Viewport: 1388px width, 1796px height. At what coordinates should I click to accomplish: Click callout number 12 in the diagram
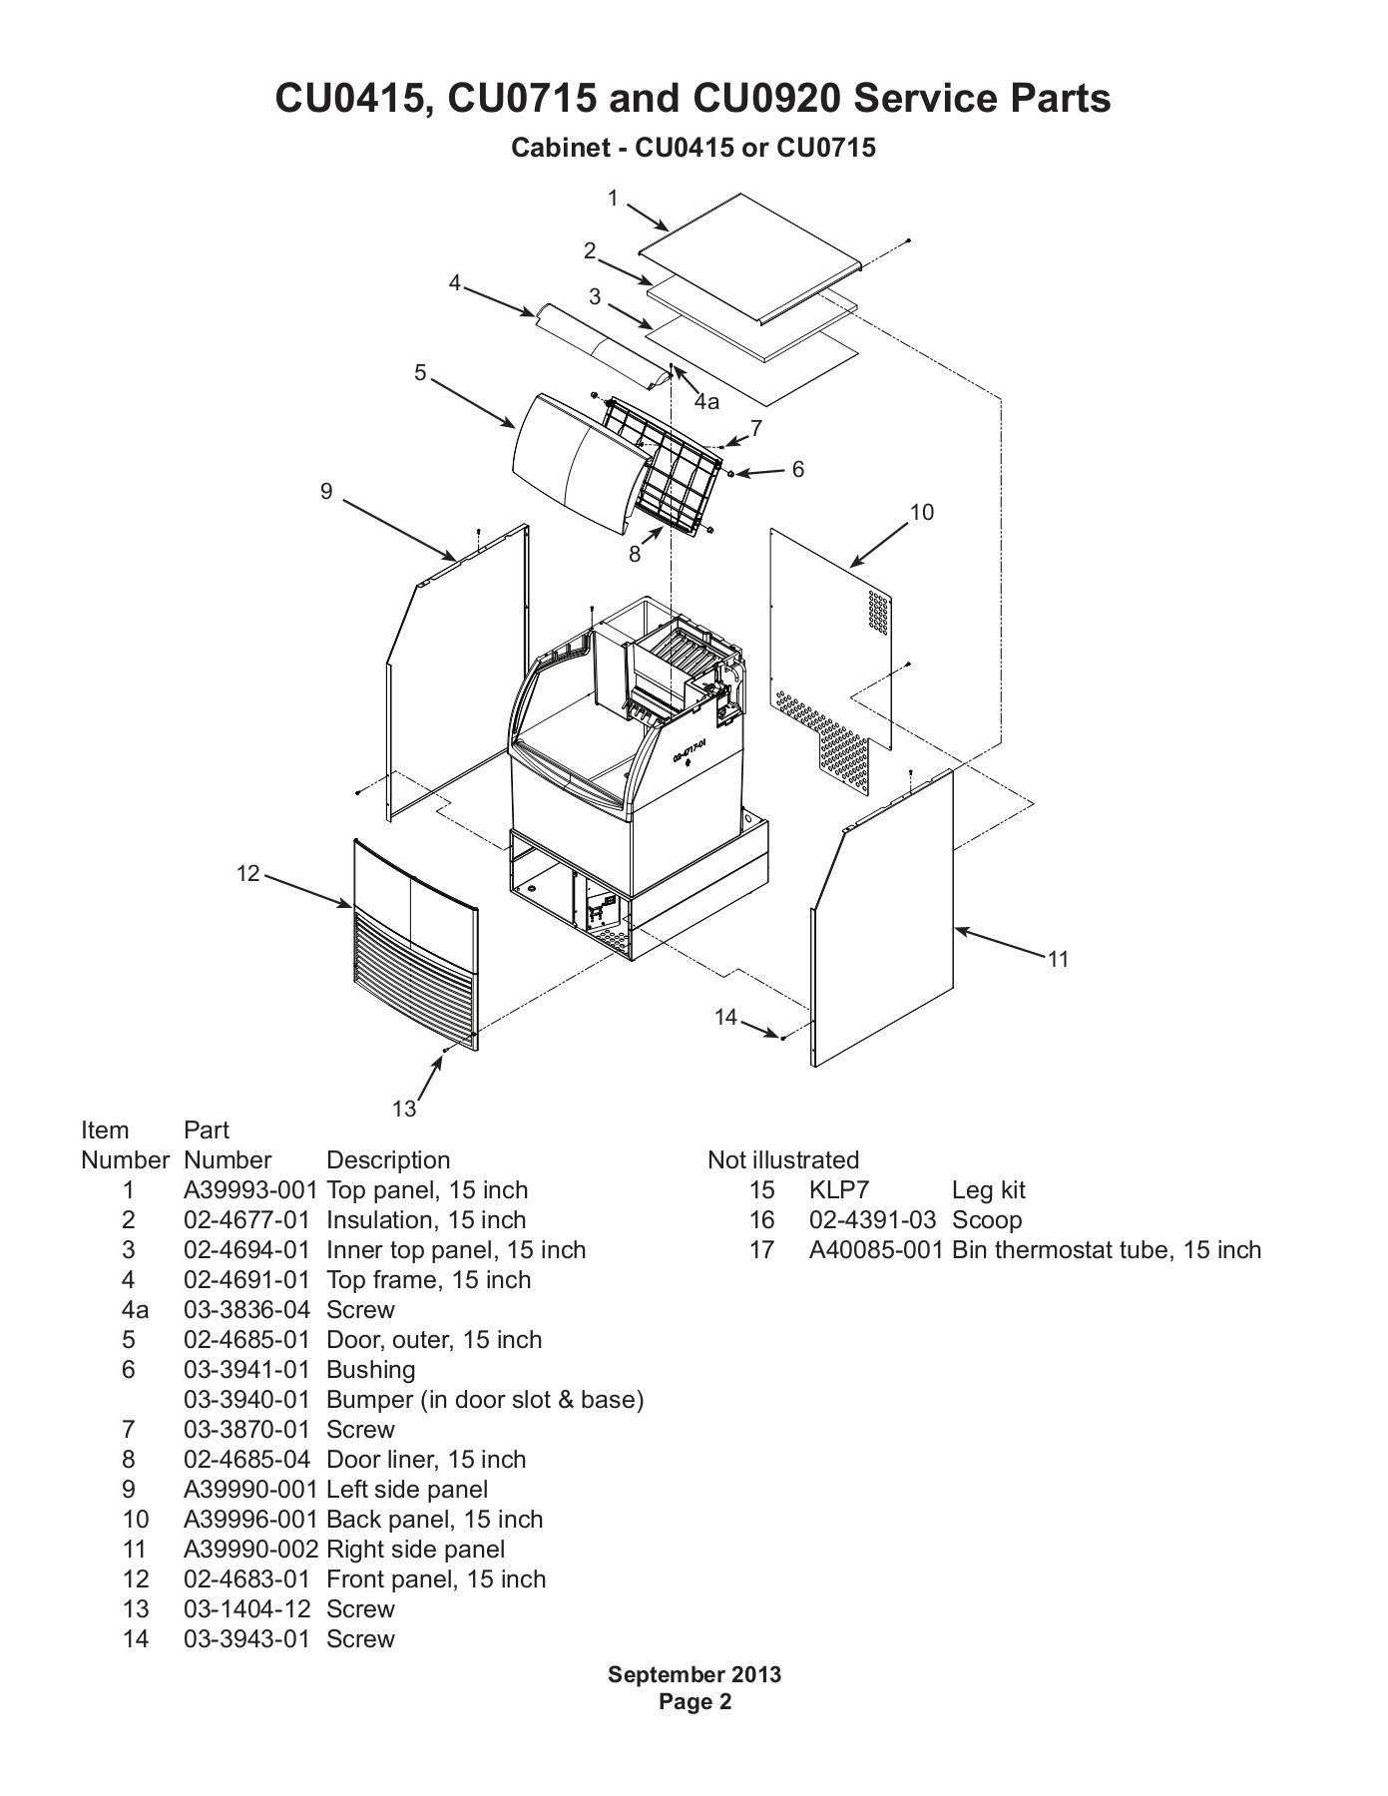pyautogui.click(x=247, y=874)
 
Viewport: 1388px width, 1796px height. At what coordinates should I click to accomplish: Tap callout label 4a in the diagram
pyautogui.click(x=706, y=401)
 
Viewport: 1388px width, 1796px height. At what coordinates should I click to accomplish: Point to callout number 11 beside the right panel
pyautogui.click(x=1058, y=959)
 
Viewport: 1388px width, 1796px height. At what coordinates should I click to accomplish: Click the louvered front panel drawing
pyautogui.click(x=415, y=943)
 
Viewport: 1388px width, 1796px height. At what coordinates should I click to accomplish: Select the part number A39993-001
pyautogui.click(x=250, y=1189)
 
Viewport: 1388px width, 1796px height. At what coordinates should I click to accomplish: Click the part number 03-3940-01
pyautogui.click(x=246, y=1399)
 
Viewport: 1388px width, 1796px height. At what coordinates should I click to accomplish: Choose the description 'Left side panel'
pyautogui.click(x=407, y=1490)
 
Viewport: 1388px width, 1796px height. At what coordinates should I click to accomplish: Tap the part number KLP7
pyautogui.click(x=839, y=1189)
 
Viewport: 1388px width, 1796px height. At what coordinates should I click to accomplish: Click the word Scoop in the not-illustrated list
pyautogui.click(x=987, y=1220)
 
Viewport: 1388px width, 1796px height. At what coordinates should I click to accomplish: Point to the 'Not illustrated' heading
pyautogui.click(x=783, y=1159)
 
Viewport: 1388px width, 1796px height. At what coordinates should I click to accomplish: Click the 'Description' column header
pyautogui.click(x=388, y=1160)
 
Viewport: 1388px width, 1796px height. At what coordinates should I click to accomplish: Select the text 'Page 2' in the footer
pyautogui.click(x=695, y=1701)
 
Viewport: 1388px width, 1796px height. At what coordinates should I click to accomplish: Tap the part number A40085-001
pyautogui.click(x=876, y=1249)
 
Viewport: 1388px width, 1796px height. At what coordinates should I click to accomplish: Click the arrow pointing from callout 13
pyautogui.click(x=431, y=1078)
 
